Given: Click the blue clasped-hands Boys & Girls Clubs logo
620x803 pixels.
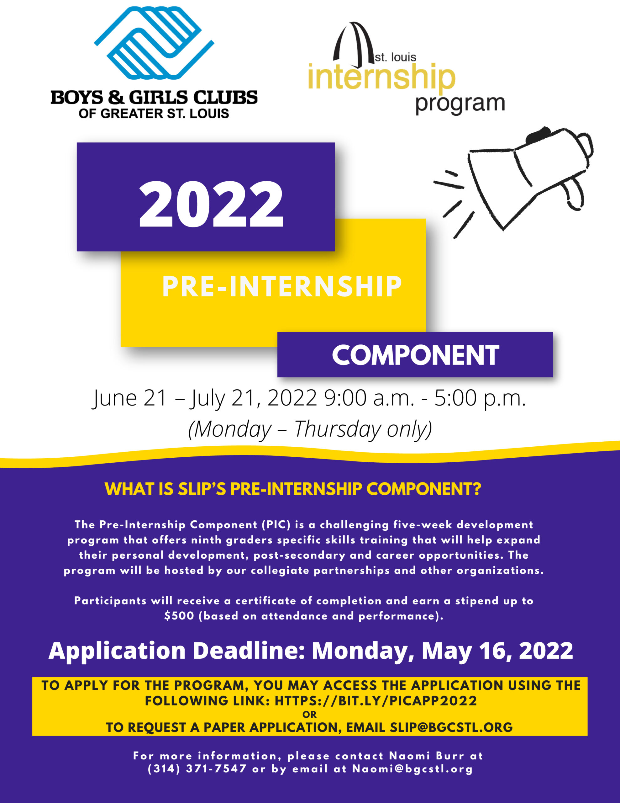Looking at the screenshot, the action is click(x=154, y=43).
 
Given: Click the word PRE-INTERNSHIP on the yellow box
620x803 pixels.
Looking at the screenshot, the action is click(x=282, y=286).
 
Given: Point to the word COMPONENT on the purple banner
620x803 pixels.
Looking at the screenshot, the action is click(x=415, y=355).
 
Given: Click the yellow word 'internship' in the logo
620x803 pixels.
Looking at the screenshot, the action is click(x=381, y=78).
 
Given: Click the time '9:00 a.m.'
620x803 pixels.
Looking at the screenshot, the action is click(x=369, y=398).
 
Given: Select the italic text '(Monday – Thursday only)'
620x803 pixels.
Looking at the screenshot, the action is click(x=310, y=429).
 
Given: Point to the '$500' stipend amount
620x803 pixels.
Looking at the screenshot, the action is click(x=179, y=616).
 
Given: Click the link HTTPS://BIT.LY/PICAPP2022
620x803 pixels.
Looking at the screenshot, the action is click(x=376, y=701).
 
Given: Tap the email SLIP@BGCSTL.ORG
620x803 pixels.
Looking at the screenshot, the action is click(x=451, y=727).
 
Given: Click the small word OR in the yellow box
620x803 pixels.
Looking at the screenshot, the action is click(x=309, y=715).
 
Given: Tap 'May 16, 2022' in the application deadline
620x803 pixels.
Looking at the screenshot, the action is click(x=497, y=651).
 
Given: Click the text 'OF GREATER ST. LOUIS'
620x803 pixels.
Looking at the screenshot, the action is click(x=154, y=113).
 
